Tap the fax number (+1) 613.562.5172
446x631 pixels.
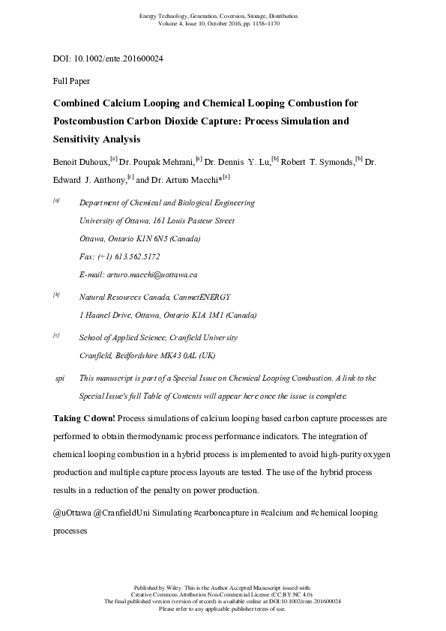click(x=133, y=257)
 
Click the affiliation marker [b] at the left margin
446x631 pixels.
click(x=56, y=295)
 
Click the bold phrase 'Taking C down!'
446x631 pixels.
click(x=84, y=417)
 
